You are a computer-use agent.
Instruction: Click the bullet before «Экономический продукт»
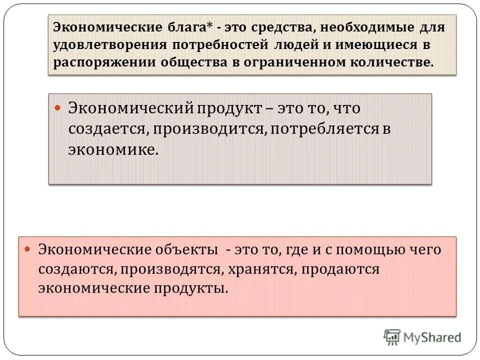pyautogui.click(x=57, y=107)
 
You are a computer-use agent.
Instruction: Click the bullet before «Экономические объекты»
pyautogui.click(x=28, y=248)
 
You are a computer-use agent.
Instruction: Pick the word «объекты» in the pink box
pyautogui.click(x=187, y=249)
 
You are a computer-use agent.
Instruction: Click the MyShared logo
pyautogui.click(x=422, y=337)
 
